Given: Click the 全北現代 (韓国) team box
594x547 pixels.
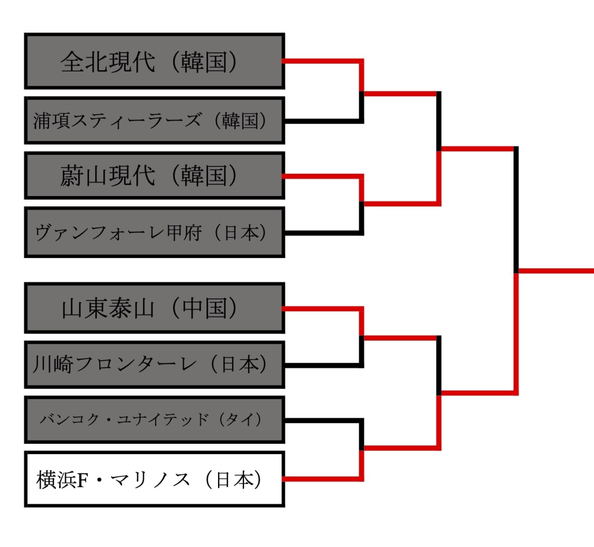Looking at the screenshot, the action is [155, 61].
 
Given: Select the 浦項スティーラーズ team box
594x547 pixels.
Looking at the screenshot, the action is [155, 120].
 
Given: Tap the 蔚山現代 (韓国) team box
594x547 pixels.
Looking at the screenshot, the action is [155, 175].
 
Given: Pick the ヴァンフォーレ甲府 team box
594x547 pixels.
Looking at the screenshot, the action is [155, 232].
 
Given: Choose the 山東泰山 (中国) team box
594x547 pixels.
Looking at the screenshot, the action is [155, 308].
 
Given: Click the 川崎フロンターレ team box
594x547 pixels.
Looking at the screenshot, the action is [155, 364].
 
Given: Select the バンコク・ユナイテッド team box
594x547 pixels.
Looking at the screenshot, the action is [155, 420].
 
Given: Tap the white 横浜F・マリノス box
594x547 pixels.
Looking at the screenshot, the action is [155, 479].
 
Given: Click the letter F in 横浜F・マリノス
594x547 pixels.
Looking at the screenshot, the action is [83, 480].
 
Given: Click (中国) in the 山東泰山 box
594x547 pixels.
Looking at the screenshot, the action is [204, 308].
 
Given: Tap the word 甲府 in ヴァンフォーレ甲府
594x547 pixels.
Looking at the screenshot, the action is [185, 232].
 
